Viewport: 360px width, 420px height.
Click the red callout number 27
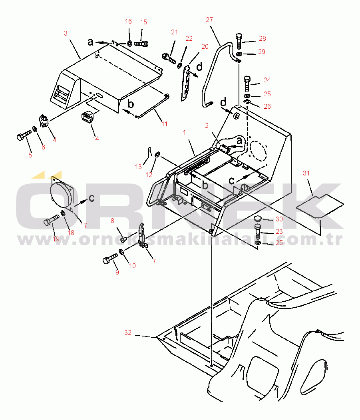[x=209, y=20]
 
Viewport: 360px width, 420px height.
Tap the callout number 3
[x=66, y=33]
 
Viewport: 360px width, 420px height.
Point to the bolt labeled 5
[x=24, y=136]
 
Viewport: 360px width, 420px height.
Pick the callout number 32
[x=128, y=332]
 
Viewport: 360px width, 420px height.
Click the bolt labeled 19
[x=52, y=220]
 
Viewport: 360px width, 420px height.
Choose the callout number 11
[x=165, y=124]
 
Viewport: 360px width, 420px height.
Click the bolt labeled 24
[x=247, y=84]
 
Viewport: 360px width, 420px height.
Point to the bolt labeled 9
[x=110, y=259]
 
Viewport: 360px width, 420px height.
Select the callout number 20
[x=205, y=47]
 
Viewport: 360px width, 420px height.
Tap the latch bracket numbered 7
[x=142, y=234]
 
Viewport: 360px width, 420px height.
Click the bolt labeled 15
[x=141, y=44]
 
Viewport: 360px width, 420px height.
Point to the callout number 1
[x=184, y=132]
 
